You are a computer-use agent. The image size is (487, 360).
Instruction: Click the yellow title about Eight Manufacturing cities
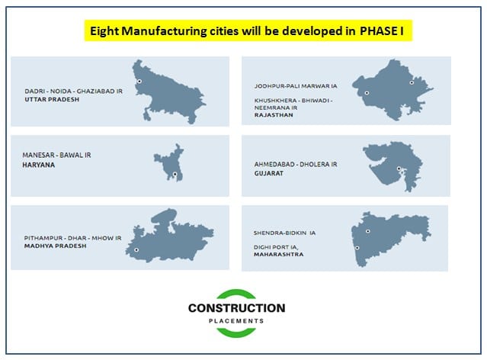pyautogui.click(x=245, y=31)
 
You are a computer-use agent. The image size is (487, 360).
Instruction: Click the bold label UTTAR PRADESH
pyautogui.click(x=51, y=99)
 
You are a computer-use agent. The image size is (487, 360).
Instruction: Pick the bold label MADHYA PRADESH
pyautogui.click(x=55, y=246)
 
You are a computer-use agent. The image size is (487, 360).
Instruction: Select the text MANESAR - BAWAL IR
pyautogui.click(x=57, y=155)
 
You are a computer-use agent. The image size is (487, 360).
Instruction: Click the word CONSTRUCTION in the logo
pyautogui.click(x=236, y=308)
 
